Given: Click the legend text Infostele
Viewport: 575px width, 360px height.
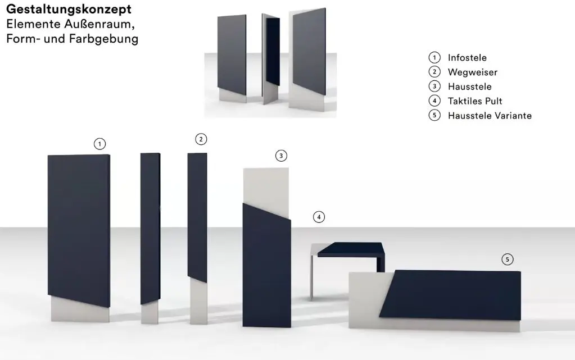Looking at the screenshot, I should (467, 57).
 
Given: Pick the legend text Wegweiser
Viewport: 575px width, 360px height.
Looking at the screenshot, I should (472, 72).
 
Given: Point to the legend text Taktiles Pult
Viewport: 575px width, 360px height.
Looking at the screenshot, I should (475, 101).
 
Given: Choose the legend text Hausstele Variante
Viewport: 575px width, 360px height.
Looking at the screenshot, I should (490, 116).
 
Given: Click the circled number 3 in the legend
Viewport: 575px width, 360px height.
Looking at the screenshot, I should (434, 86).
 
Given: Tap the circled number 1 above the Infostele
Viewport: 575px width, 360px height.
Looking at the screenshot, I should (100, 144).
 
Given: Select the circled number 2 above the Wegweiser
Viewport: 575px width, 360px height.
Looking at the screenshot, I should (201, 139).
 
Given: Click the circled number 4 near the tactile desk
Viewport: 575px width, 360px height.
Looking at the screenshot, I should (319, 217).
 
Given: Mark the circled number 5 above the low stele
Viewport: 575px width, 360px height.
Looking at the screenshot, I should (508, 259).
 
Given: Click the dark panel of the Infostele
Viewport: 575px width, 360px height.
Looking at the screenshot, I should (79, 225).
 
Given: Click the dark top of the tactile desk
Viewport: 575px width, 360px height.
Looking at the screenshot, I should (351, 249).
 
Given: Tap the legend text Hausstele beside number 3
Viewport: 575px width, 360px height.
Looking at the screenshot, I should (469, 86).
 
